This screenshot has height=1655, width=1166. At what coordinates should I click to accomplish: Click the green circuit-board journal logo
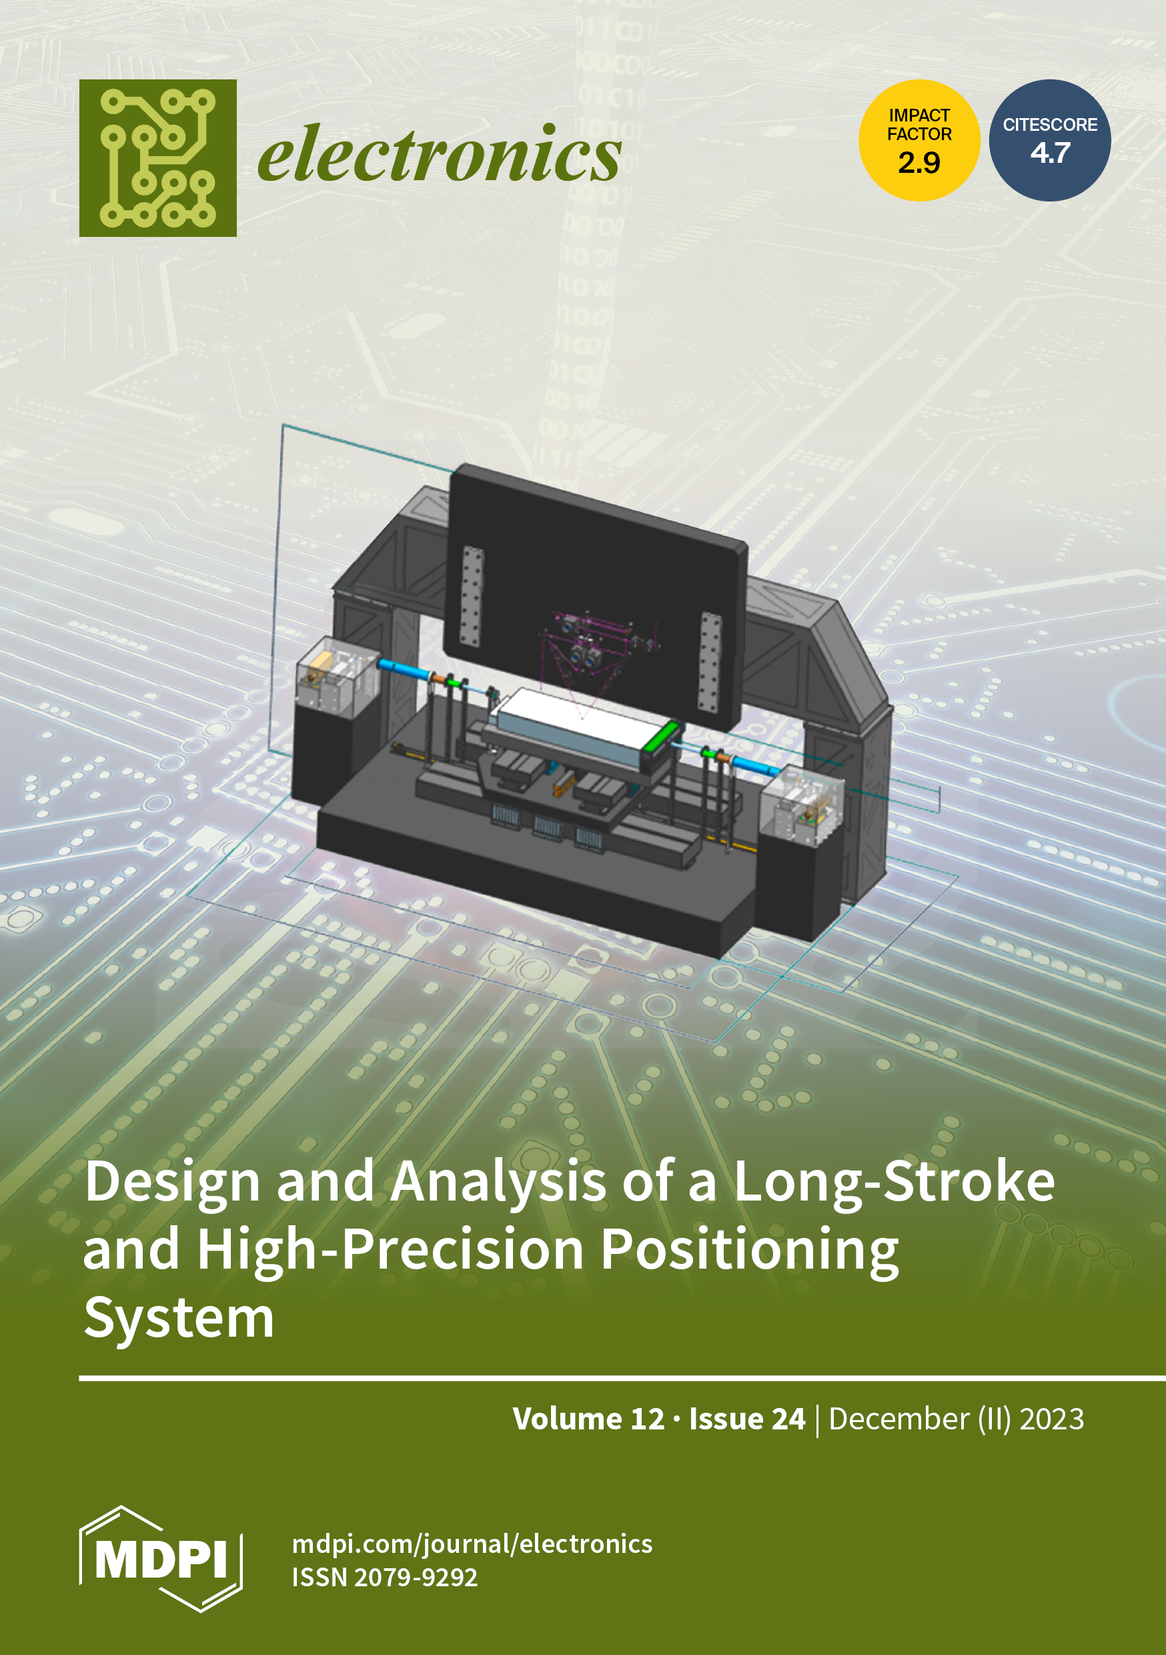pos(158,158)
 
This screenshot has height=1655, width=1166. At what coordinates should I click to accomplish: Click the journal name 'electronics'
pos(439,154)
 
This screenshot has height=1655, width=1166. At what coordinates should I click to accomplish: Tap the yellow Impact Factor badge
pos(919,140)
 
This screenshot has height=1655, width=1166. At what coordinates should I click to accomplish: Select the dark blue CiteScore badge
pos(1049,140)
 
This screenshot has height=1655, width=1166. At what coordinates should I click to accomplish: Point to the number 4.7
pos(1050,153)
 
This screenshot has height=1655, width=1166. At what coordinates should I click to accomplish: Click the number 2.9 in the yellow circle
pos(919,163)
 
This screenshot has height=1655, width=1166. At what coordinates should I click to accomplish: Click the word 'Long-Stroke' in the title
pos(894,1183)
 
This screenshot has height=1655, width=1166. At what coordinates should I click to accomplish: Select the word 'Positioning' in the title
pos(750,1251)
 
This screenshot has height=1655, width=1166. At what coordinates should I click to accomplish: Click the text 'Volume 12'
pos(588,1419)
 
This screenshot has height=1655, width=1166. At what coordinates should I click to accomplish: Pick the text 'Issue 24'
pos(746,1419)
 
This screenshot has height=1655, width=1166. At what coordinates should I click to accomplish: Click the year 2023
pos(1051,1419)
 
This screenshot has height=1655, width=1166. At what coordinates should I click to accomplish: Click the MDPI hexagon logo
pos(161,1559)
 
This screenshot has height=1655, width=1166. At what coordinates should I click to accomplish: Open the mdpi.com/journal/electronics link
pos(472,1544)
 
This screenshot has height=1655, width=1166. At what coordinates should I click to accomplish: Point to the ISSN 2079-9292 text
pos(384,1577)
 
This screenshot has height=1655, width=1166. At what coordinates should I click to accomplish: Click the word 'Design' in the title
pos(172,1183)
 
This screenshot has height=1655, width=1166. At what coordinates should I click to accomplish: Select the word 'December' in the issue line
pos(899,1419)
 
